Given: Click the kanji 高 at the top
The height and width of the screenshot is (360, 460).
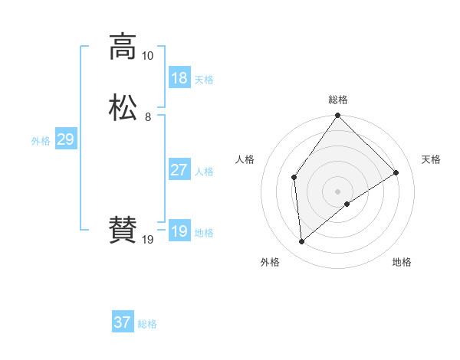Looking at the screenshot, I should click(x=123, y=46).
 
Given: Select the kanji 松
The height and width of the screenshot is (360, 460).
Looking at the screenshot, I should click(x=123, y=107).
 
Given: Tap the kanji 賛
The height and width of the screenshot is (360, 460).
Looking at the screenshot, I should click(x=123, y=230).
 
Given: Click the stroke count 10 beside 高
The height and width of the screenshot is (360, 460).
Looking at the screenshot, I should click(x=147, y=56).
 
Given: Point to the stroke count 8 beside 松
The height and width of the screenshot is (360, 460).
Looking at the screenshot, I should click(x=147, y=117).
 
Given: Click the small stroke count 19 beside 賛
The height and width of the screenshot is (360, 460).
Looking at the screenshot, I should click(x=148, y=240).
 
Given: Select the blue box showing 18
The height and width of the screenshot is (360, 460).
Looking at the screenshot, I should click(x=179, y=78).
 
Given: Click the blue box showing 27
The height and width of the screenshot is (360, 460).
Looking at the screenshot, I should click(x=179, y=170).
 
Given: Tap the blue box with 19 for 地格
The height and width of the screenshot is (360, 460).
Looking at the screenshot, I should click(x=179, y=231).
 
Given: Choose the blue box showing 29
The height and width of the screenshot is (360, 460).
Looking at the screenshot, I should click(x=65, y=139).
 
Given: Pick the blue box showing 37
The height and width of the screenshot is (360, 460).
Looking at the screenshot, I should click(x=123, y=322).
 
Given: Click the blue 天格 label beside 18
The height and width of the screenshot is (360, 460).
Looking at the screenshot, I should click(x=204, y=80).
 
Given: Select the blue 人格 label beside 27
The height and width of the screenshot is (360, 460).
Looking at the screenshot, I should click(x=204, y=172).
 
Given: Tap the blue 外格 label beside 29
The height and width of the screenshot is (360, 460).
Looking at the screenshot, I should click(x=41, y=141).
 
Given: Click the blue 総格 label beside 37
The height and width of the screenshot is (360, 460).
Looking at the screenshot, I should click(x=147, y=324).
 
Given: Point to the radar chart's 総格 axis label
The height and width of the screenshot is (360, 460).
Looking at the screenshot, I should click(x=338, y=100).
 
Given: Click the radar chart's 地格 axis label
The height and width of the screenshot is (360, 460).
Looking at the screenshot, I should click(x=402, y=262).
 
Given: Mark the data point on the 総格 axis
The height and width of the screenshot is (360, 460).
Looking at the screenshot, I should click(x=338, y=116).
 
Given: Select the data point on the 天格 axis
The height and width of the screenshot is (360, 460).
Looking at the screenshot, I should click(x=396, y=172).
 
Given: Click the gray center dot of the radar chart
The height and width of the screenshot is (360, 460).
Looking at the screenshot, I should click(x=338, y=191).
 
